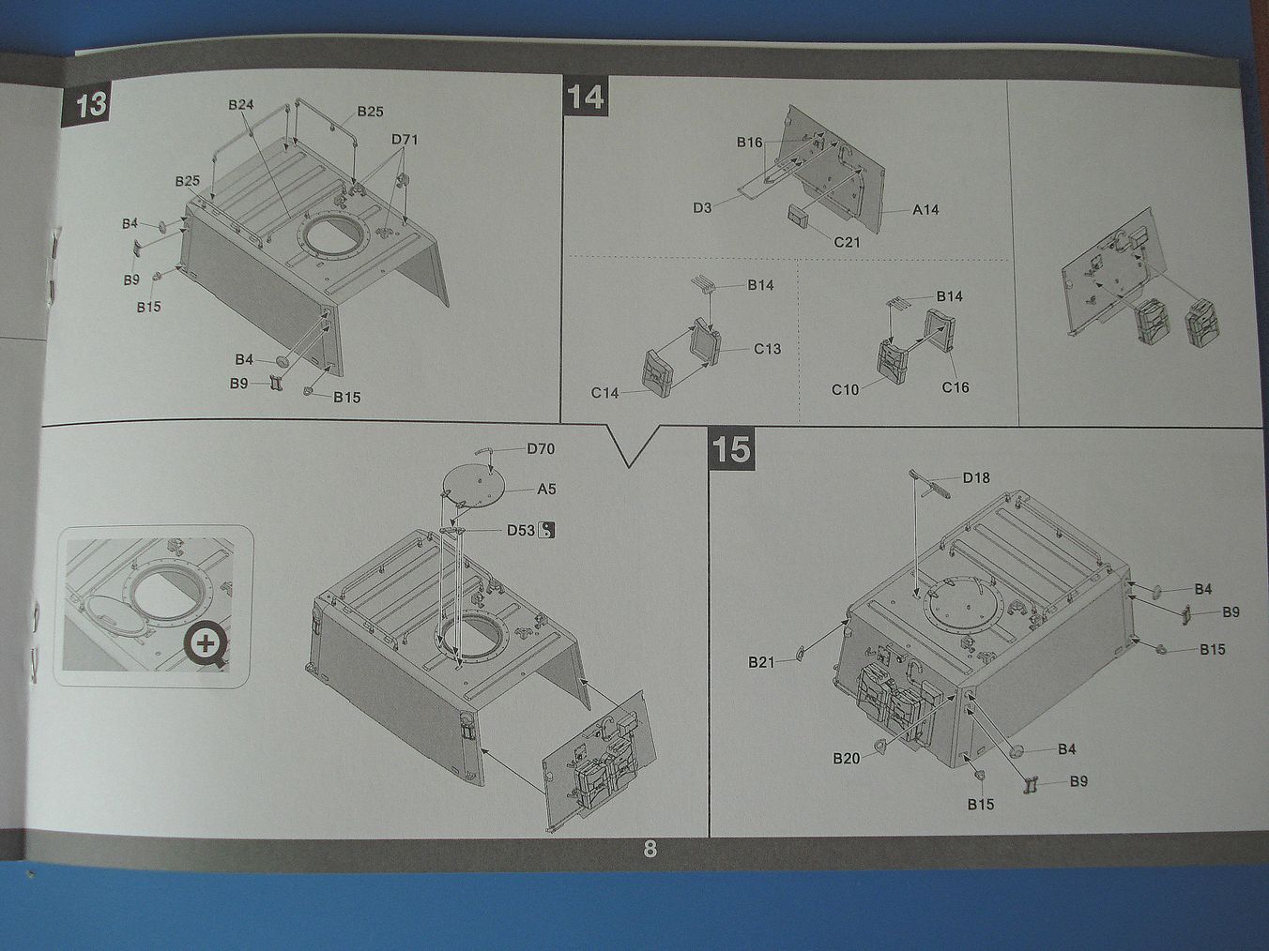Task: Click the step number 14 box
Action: tap(587, 97)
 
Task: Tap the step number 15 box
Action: tap(731, 448)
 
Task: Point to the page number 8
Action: tap(650, 850)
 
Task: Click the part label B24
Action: tap(241, 104)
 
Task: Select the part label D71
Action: tap(405, 140)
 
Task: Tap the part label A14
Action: tap(925, 209)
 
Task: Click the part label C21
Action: tap(847, 242)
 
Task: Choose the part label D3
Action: tap(703, 208)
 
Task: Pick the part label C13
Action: tap(767, 349)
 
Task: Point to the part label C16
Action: tap(955, 387)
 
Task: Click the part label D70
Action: tap(540, 449)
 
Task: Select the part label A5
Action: tap(546, 489)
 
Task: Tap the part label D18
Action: tap(976, 478)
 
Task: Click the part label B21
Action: tap(761, 662)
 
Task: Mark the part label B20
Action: tap(846, 758)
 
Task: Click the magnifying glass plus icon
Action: tap(206, 644)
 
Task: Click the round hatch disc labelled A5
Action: tap(474, 486)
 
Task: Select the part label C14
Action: tap(604, 393)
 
